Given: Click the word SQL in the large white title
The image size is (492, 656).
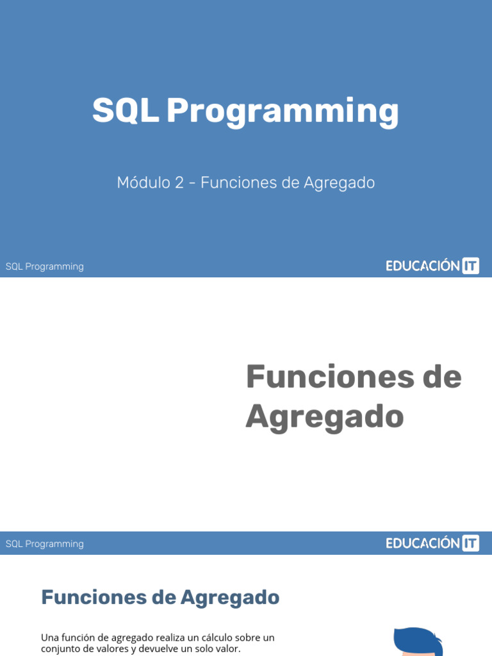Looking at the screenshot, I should coord(125,111).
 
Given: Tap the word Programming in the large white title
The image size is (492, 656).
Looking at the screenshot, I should coord(283,112).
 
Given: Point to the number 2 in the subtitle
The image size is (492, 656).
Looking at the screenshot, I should coord(179,183).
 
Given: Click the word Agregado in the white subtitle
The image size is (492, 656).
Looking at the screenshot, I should coord(339,183).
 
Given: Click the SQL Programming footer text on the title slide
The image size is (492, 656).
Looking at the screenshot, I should coord(45,266).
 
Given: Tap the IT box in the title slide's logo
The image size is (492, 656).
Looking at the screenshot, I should coord(470,266).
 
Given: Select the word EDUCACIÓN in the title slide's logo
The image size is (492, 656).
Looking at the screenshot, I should coord(423,266).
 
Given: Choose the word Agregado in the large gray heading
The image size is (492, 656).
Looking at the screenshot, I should coord(325,416).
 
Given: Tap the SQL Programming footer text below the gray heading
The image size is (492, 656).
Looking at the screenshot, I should coord(45,544).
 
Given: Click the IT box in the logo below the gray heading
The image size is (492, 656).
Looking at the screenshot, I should coord(470,543).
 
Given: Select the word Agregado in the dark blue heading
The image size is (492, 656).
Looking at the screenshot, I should coord(230,597).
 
